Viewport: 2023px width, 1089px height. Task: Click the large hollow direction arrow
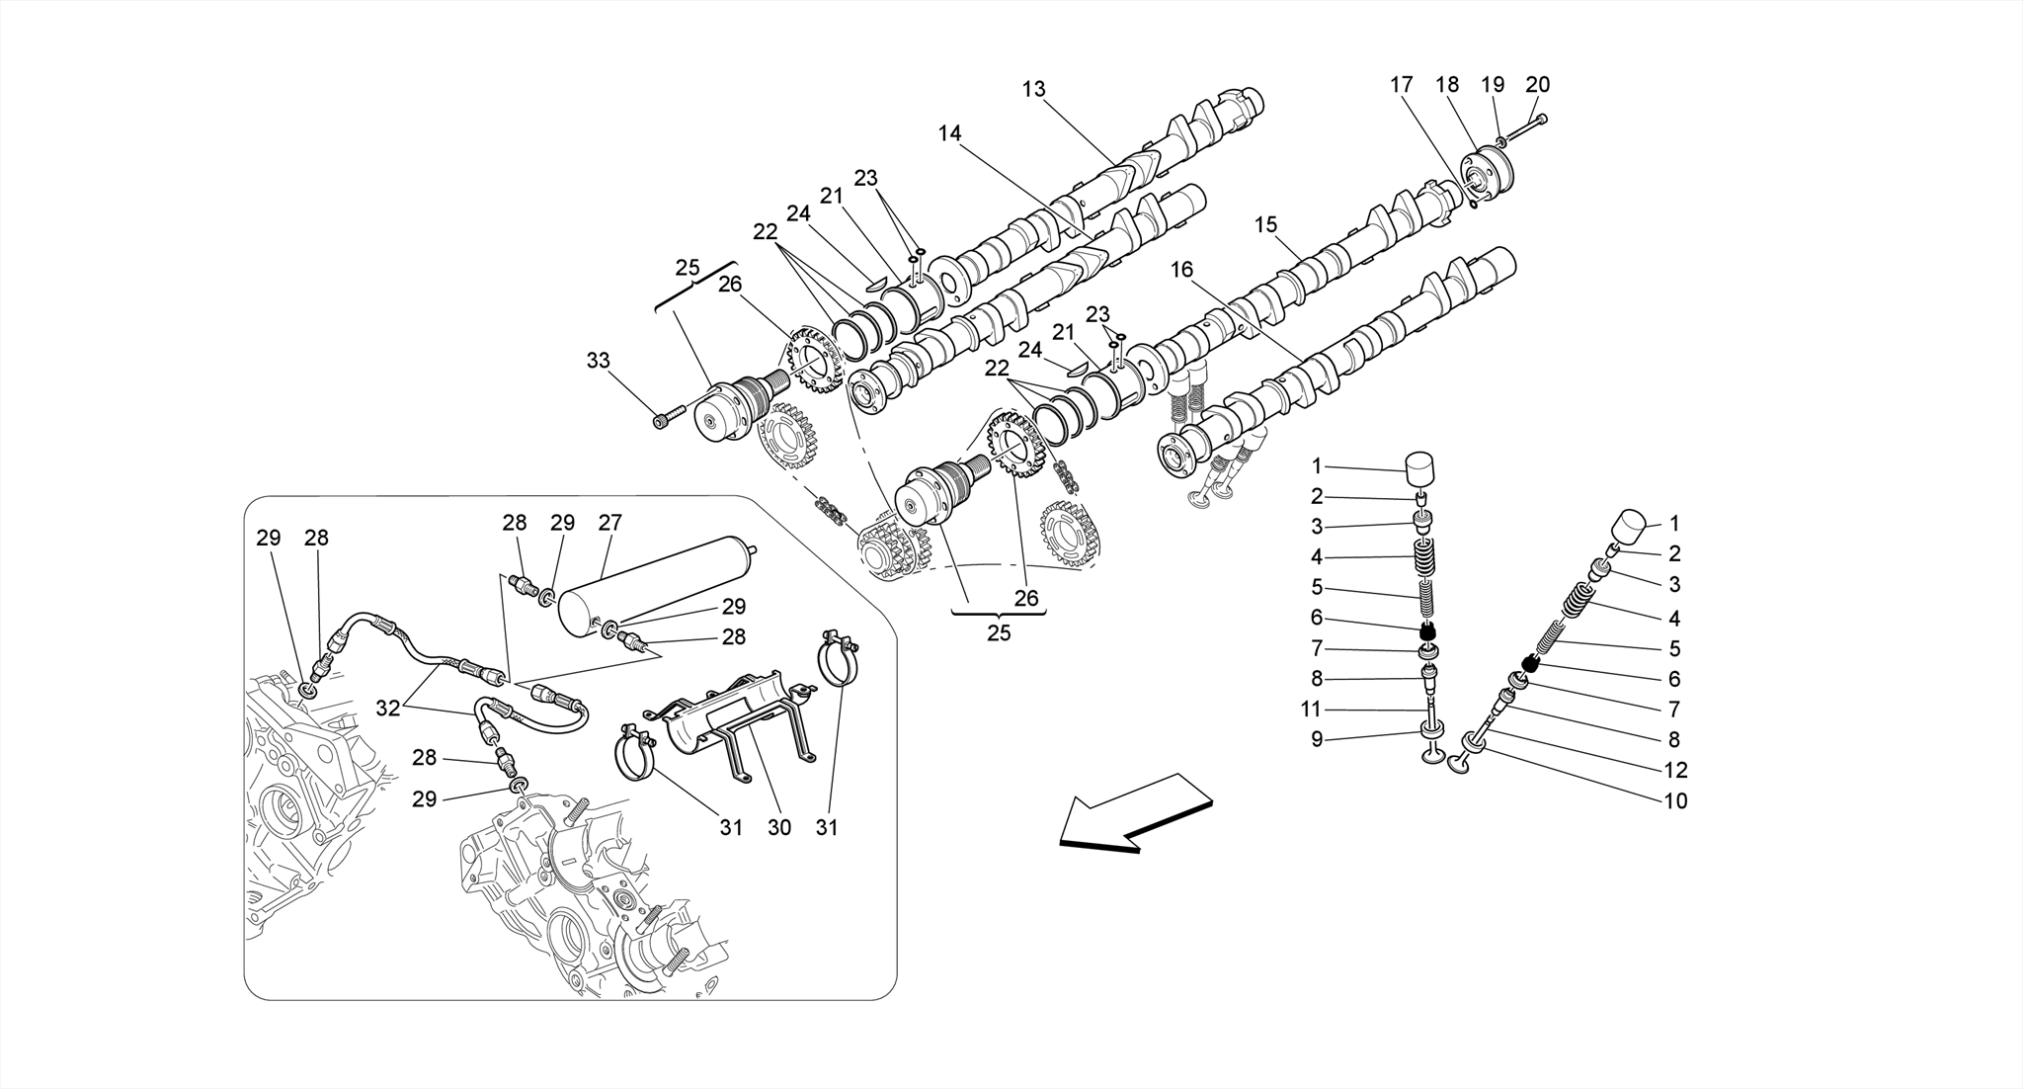pos(1136,810)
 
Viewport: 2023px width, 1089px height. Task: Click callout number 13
pos(1033,90)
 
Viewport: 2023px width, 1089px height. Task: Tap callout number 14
pos(949,133)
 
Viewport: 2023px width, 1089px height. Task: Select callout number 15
pos(1265,225)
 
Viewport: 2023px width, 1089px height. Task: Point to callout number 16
pos(1182,269)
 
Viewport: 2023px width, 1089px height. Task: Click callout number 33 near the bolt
pos(599,361)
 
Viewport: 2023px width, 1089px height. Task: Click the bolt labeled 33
pos(668,418)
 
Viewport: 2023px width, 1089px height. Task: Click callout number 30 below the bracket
pos(779,827)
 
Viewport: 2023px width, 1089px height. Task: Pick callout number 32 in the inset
pos(388,708)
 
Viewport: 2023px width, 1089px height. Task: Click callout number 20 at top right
pos(1537,85)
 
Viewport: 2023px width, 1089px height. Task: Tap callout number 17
pos(1402,85)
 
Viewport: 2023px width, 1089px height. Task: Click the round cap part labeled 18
pos(1485,178)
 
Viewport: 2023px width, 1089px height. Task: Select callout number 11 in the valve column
pos(1311,710)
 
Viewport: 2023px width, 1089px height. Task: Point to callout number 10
pos(1675,800)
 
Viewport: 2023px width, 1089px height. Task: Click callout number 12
pos(1675,770)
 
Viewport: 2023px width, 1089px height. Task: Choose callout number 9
pos(1316,739)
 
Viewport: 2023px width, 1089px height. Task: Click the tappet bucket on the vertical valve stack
pos(1419,468)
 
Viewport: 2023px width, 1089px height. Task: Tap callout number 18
pos(1447,85)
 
